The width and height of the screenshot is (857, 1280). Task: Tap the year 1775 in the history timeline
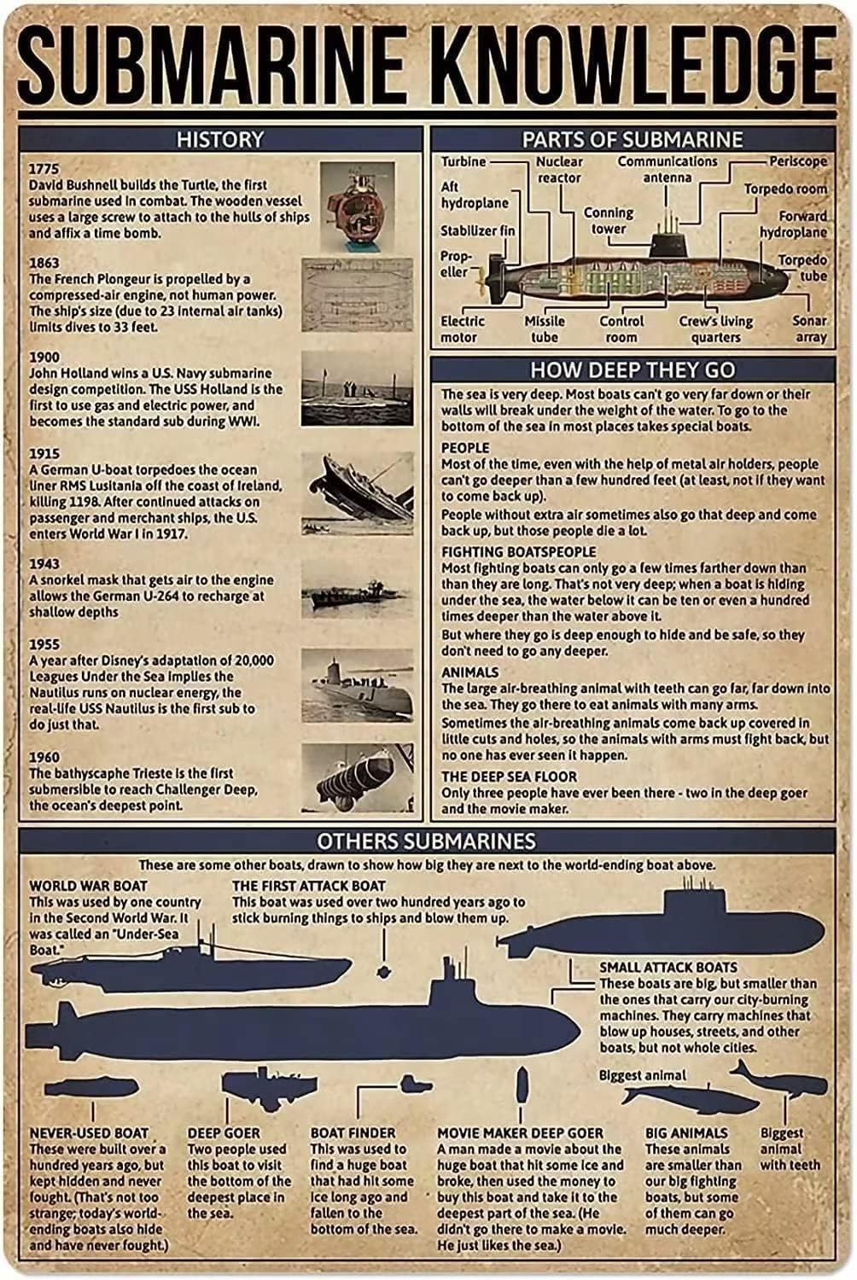coord(44,168)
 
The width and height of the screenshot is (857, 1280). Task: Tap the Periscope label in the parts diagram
coord(797,161)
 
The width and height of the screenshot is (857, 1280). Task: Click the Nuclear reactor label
coord(559,170)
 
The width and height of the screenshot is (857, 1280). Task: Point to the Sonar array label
coord(809,329)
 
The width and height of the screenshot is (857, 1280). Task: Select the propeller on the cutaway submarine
coord(485,275)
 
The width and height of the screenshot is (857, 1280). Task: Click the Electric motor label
coord(463,329)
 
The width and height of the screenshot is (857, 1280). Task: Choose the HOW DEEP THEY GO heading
coord(632,370)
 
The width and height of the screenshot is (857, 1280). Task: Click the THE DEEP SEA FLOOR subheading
coord(509,777)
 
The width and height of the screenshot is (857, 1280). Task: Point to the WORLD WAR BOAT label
coord(88,886)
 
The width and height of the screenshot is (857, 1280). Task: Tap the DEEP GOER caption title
coord(224,1133)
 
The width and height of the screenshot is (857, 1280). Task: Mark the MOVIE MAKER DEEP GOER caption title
coord(520,1133)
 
